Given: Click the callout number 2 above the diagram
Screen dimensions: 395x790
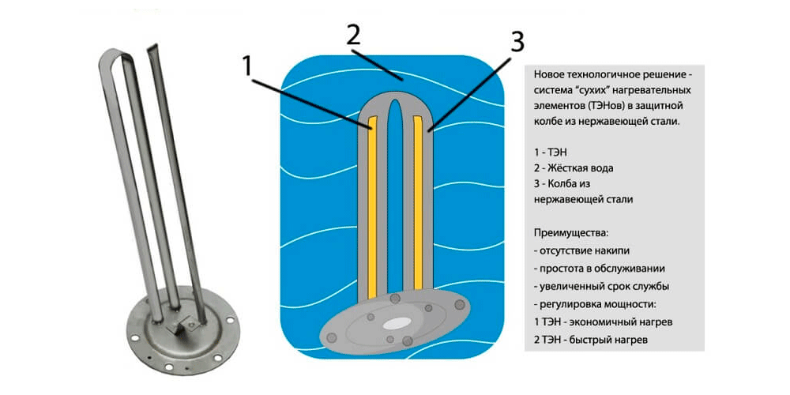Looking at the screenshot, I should [353, 34].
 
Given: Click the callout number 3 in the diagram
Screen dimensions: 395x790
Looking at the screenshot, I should [516, 42].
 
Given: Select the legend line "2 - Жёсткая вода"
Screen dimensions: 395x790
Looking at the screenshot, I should [574, 167].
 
